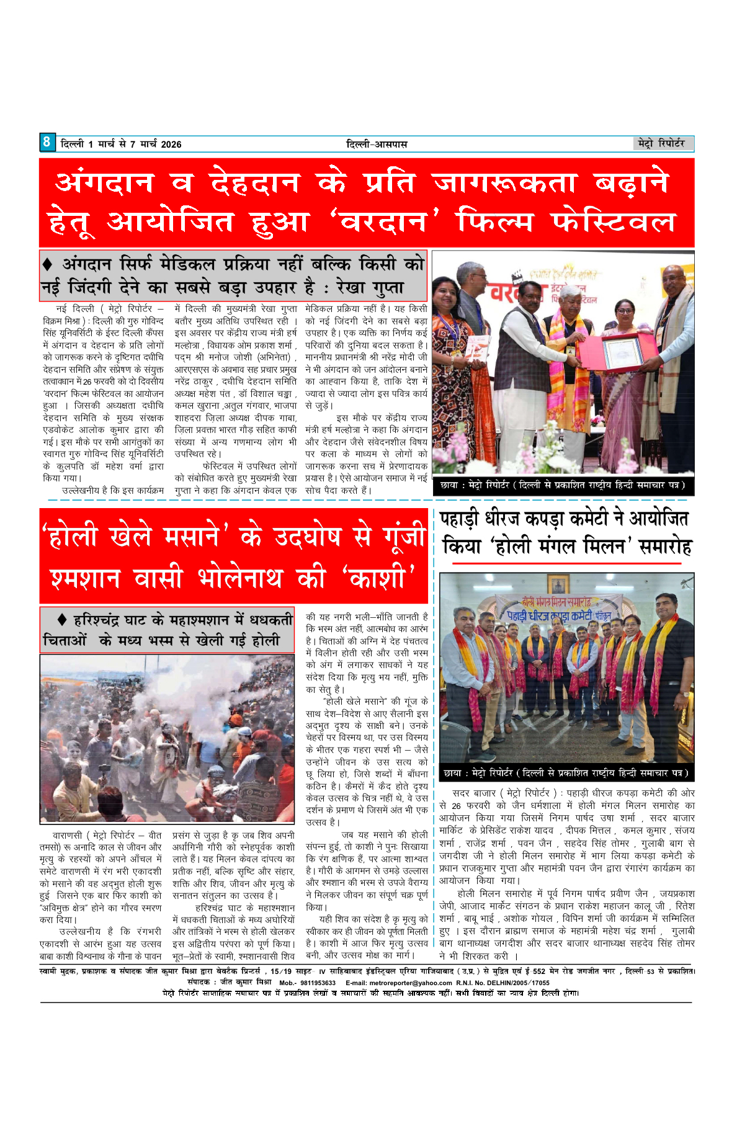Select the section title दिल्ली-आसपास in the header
coord(377,145)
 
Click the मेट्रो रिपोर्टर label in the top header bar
coord(661,143)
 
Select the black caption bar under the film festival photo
coord(563,485)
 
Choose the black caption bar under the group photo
coord(566,773)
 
